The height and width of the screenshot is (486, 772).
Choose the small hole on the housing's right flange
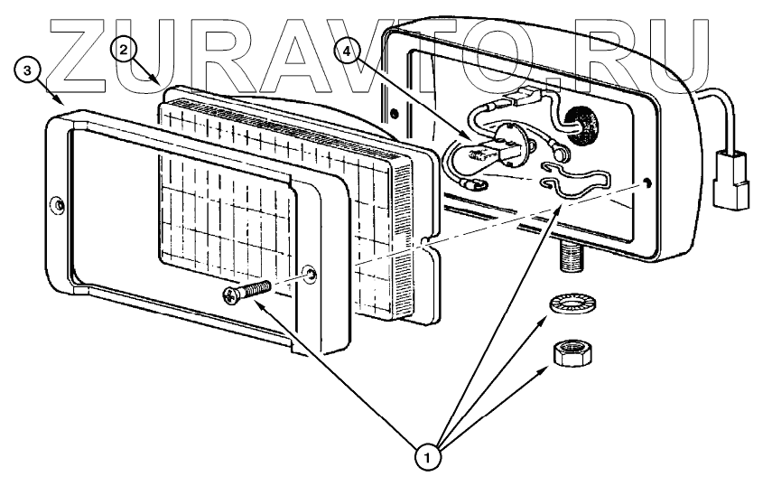[650, 184]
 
